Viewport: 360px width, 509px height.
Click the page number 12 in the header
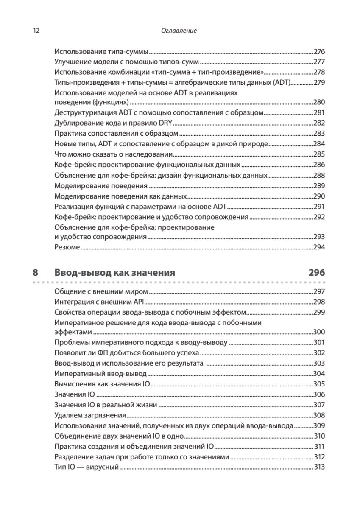(x=36, y=31)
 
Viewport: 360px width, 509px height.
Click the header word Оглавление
(x=180, y=31)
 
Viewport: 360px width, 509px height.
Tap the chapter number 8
(x=36, y=272)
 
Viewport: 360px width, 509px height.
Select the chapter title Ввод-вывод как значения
(x=115, y=272)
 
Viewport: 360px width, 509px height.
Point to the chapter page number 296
(x=316, y=272)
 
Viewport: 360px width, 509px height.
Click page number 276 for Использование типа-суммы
(x=319, y=52)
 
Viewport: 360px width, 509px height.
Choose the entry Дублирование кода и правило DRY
(x=114, y=123)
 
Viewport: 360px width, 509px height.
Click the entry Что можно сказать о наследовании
(x=114, y=154)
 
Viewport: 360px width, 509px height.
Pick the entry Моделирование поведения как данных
(x=121, y=196)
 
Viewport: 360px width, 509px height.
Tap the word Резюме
(x=67, y=247)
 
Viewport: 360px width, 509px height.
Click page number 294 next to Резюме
(x=319, y=247)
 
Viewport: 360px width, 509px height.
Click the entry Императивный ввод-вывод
(x=101, y=373)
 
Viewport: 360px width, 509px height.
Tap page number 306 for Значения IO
(x=319, y=394)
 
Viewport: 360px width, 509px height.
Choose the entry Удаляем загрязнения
(x=91, y=415)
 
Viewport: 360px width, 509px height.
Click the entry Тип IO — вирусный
(x=87, y=467)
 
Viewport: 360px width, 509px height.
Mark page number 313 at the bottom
(x=319, y=467)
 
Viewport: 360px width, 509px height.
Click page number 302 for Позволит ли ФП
(x=319, y=352)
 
